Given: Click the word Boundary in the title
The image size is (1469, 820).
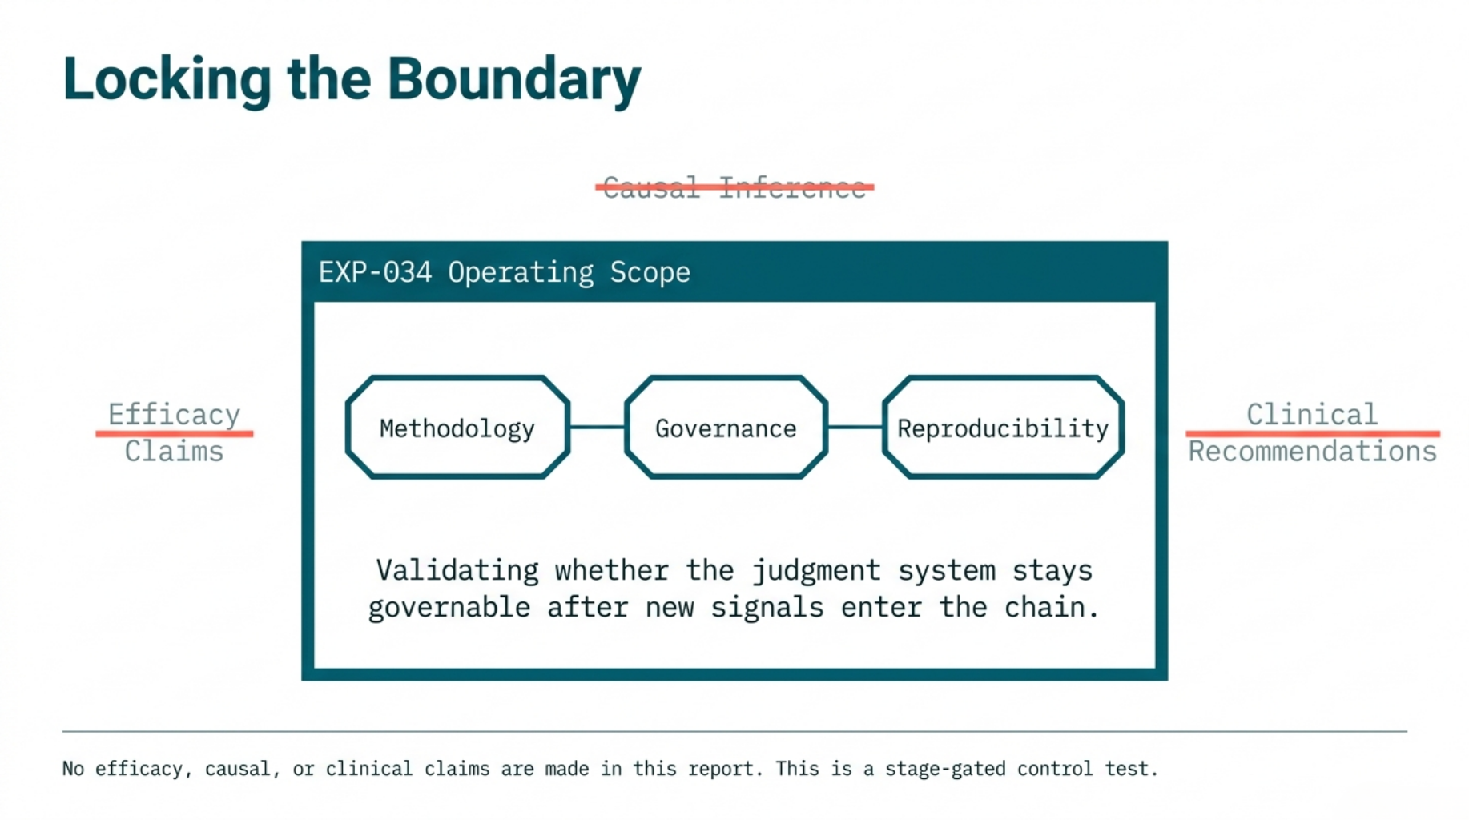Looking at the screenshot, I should click(513, 80).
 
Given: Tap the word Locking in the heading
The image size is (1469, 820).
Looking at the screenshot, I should click(167, 80).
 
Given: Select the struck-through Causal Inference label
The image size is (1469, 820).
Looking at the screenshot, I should click(734, 187).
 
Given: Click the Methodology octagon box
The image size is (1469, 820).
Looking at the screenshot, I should click(457, 428).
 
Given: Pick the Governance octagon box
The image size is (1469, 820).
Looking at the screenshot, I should click(726, 428).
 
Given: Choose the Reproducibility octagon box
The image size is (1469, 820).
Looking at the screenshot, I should click(1003, 428).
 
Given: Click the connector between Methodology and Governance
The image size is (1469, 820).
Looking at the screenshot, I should click(598, 427).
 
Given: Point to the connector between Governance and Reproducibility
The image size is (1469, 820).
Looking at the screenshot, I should click(855, 427).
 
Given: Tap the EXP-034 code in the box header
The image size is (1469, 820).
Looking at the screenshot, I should click(375, 272).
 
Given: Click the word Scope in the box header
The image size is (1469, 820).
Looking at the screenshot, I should click(650, 272).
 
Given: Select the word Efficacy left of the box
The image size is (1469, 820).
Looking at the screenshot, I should click(174, 414).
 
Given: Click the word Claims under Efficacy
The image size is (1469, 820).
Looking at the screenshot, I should click(174, 452).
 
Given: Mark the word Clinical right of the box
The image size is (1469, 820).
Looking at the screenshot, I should click(1312, 414).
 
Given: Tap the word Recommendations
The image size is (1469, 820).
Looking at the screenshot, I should click(1312, 452).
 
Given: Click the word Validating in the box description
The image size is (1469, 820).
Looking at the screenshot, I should click(457, 570).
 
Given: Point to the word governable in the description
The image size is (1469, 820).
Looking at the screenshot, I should click(449, 607).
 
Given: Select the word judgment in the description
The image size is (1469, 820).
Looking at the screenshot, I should click(815, 570).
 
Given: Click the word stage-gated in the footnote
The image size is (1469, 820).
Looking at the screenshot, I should click(945, 769).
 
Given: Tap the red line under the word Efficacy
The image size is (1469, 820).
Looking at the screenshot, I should click(174, 433).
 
